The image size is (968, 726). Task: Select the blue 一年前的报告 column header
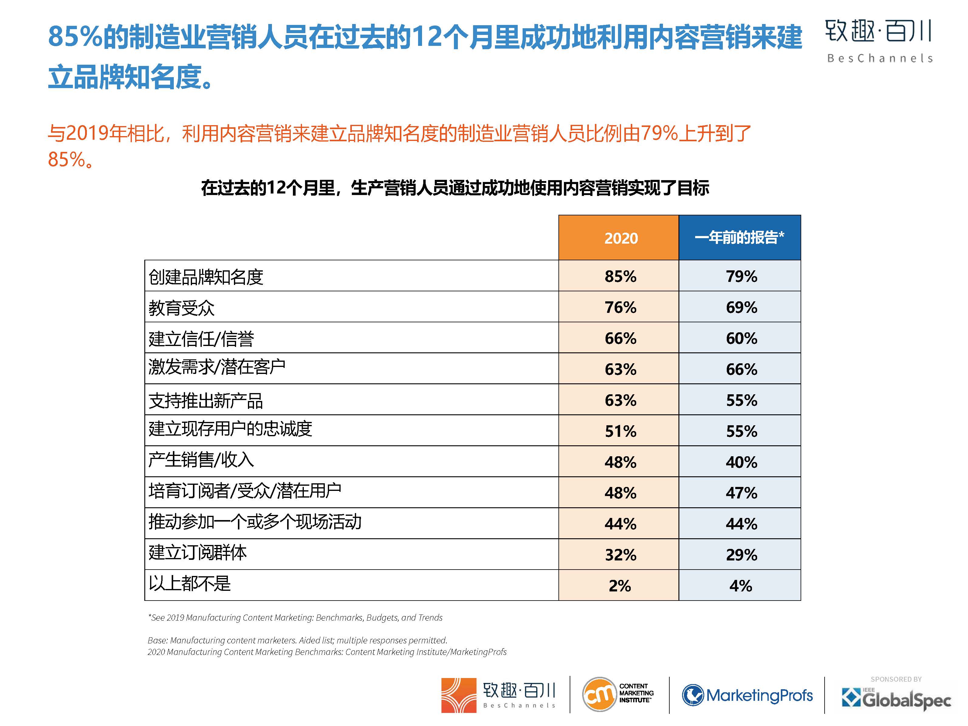[x=739, y=238]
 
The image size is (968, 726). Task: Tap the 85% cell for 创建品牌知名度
[x=620, y=276]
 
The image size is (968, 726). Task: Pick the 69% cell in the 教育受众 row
[x=741, y=307]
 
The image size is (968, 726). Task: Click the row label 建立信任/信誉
[x=201, y=339]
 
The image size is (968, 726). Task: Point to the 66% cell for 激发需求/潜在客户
[x=741, y=369]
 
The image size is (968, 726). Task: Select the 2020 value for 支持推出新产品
[x=620, y=400]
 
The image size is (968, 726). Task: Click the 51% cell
[x=620, y=431]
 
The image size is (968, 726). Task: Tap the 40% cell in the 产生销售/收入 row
[x=741, y=462]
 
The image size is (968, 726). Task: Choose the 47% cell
[x=741, y=493]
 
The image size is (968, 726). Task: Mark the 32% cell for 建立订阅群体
[x=620, y=554]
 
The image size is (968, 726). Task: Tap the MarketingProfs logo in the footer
[x=747, y=695]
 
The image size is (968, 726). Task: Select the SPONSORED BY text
[x=896, y=679]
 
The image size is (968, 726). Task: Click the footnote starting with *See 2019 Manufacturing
[x=295, y=618]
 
